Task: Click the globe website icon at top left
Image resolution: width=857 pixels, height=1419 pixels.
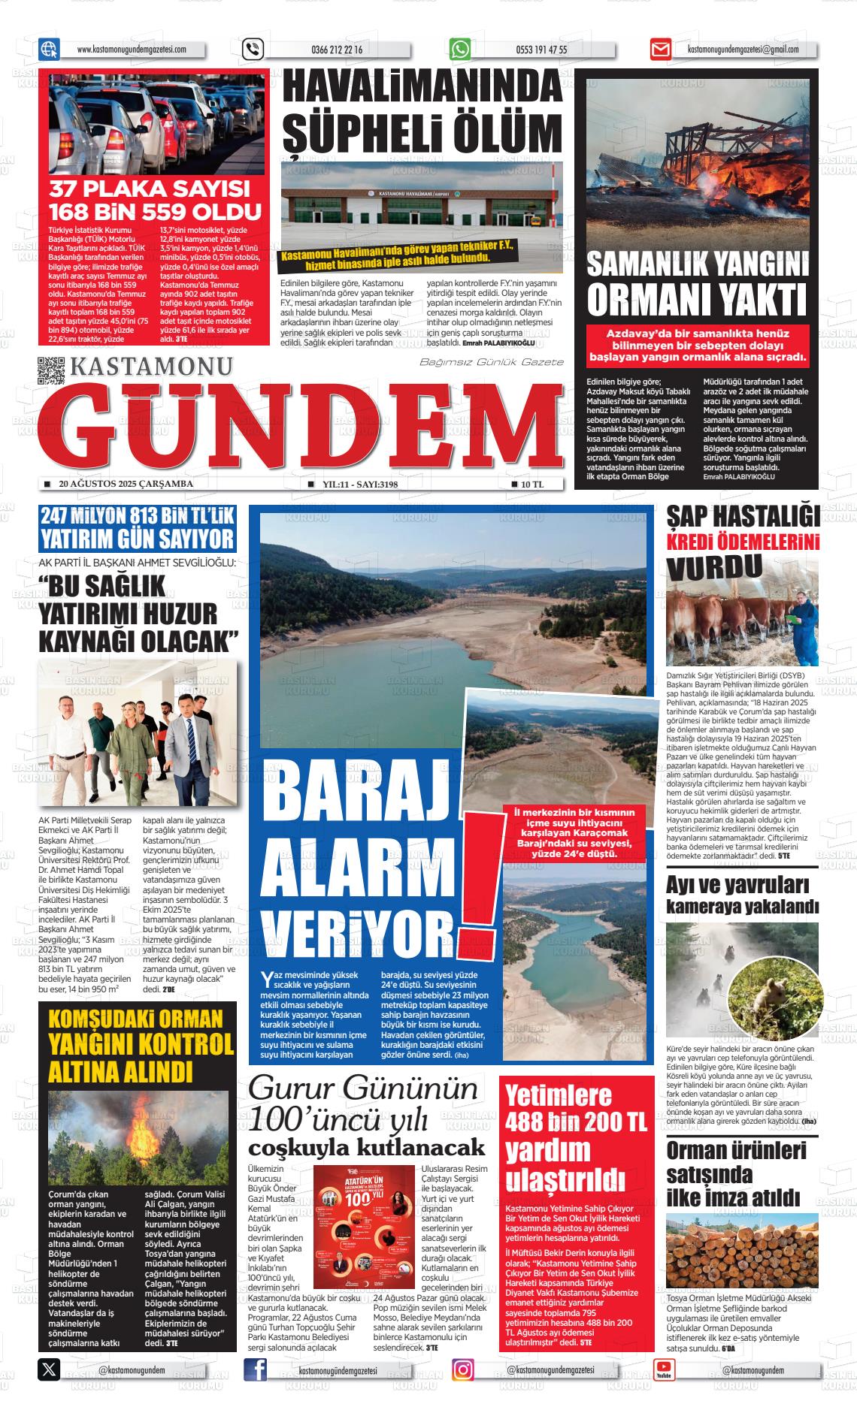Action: coord(49,50)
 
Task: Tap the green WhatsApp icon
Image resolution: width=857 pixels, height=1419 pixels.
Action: coord(460,50)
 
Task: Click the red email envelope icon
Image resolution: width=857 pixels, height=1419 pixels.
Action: coord(660,50)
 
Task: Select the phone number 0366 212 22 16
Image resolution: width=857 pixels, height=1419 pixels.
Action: coord(336,50)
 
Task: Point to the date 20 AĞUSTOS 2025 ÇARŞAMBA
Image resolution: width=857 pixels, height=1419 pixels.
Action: coord(126,484)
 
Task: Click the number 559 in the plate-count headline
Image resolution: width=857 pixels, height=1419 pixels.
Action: coord(225,212)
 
